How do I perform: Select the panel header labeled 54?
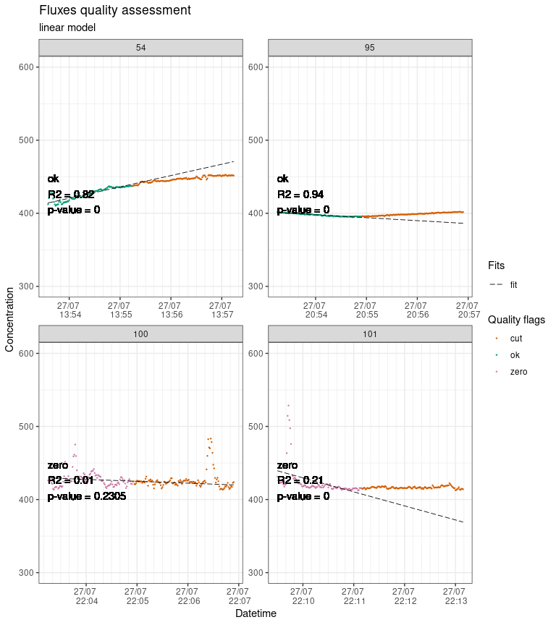click(x=140, y=48)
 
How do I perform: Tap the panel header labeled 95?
click(x=370, y=48)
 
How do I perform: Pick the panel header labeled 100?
click(x=140, y=333)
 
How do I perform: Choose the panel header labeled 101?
click(x=370, y=333)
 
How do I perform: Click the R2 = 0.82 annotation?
click(x=71, y=195)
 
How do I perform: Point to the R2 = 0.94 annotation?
click(x=300, y=195)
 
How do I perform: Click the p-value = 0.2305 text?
click(x=87, y=497)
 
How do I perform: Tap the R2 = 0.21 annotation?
click(x=300, y=481)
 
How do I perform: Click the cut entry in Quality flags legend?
click(x=515, y=339)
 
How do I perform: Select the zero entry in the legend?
click(x=518, y=372)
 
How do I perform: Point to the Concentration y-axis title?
click(x=9, y=319)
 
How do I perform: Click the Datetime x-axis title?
click(x=256, y=613)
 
